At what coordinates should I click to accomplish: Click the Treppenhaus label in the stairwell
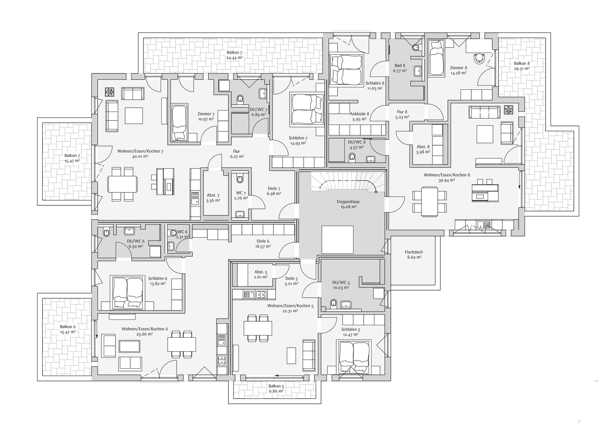(348, 202)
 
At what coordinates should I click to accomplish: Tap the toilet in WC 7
(240, 177)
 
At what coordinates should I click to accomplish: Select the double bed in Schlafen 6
(128, 292)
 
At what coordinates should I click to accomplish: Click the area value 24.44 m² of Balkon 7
(235, 58)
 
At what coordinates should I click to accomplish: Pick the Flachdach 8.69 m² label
(414, 254)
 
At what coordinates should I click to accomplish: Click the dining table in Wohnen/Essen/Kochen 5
(258, 328)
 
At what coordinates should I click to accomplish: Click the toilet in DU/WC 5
(334, 303)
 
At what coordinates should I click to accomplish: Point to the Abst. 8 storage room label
(423, 149)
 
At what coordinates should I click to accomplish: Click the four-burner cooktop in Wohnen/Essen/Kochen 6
(222, 360)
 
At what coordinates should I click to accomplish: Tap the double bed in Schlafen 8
(346, 70)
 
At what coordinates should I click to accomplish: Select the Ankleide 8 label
(359, 116)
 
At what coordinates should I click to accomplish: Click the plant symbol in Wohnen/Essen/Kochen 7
(109, 92)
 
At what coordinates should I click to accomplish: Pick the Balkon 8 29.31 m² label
(522, 66)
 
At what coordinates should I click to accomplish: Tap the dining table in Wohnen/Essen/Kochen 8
(429, 201)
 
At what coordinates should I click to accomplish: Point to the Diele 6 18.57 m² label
(263, 244)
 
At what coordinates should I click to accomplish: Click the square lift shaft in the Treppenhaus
(337, 240)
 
